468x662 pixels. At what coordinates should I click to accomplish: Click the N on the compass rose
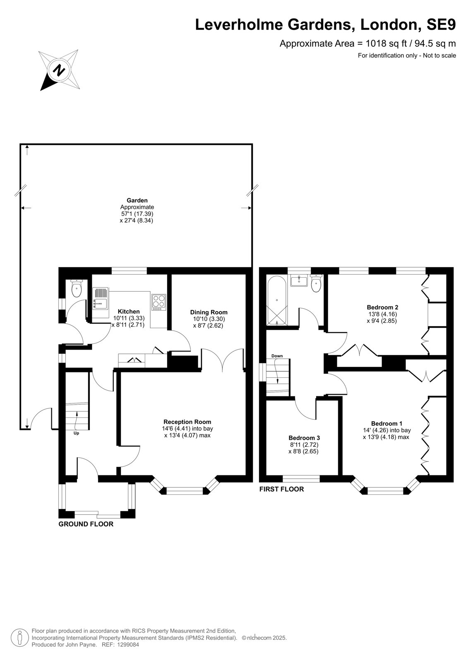coord(59,70)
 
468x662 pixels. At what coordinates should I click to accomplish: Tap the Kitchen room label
coord(129,312)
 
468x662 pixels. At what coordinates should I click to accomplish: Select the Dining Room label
coord(209,312)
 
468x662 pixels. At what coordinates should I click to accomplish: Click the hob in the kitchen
coord(159,302)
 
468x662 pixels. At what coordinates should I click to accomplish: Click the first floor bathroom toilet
coord(316,283)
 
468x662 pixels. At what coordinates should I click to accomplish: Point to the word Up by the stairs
coord(76,433)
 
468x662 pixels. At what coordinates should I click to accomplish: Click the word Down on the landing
coord(277,356)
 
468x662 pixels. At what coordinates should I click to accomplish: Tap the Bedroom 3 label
coord(304,438)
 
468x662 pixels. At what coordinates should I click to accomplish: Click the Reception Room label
coord(187,422)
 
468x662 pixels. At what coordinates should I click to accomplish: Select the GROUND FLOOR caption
coord(86,524)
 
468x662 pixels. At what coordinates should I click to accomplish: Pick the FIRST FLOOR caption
coord(281,489)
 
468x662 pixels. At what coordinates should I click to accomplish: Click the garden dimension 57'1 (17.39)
coord(137,213)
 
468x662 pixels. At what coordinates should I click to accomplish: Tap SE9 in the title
coord(441,25)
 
